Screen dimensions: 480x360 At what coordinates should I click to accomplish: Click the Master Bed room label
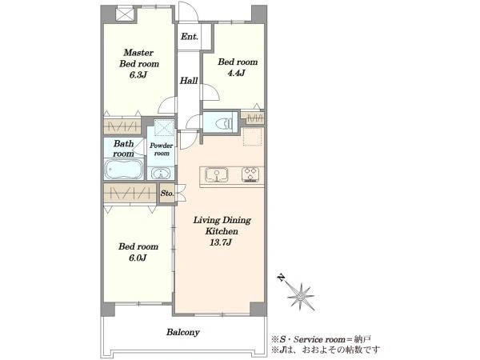tap(139, 58)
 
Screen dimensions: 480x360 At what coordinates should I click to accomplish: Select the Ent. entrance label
tap(190, 37)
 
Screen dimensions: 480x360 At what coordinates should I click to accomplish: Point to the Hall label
tap(189, 81)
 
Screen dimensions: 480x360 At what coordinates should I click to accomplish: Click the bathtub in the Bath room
tap(124, 170)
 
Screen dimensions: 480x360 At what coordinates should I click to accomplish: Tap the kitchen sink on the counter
tap(217, 175)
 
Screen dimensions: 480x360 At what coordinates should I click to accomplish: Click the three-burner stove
tap(251, 175)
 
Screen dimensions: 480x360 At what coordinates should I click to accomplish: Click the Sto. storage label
tap(167, 194)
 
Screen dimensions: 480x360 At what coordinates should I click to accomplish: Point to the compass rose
tap(301, 296)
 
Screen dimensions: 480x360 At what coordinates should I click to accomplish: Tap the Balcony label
tap(183, 332)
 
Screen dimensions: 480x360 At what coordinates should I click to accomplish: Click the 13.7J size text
tap(221, 242)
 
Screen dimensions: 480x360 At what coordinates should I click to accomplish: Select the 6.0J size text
tap(138, 258)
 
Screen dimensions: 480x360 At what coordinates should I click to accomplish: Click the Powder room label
tap(162, 150)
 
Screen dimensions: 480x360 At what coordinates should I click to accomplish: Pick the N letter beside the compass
tap(281, 278)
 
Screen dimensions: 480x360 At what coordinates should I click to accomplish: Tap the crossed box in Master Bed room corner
tap(126, 14)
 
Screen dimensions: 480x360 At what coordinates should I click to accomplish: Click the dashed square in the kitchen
tap(253, 137)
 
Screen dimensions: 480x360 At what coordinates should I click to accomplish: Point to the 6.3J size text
tap(138, 75)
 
